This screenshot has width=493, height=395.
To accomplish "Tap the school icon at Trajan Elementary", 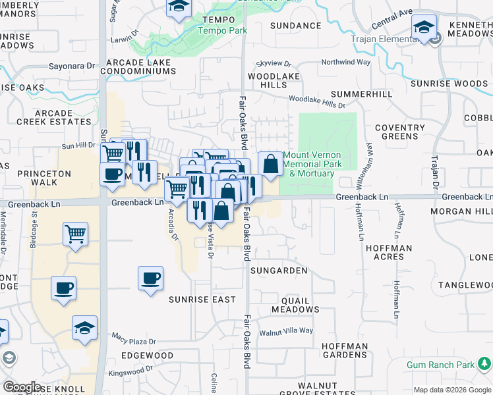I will [x=424, y=28].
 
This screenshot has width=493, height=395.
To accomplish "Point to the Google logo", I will [x=22, y=387].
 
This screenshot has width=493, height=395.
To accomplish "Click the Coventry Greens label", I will [x=400, y=132].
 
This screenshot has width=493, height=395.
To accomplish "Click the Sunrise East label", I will [x=202, y=299].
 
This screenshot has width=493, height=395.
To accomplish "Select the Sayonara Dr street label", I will [x=72, y=66].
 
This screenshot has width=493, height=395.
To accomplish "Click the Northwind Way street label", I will [x=345, y=63].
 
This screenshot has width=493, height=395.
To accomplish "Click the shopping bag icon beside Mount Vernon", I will [x=270, y=165].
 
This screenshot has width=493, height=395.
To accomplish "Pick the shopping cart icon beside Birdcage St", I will [x=76, y=234].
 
